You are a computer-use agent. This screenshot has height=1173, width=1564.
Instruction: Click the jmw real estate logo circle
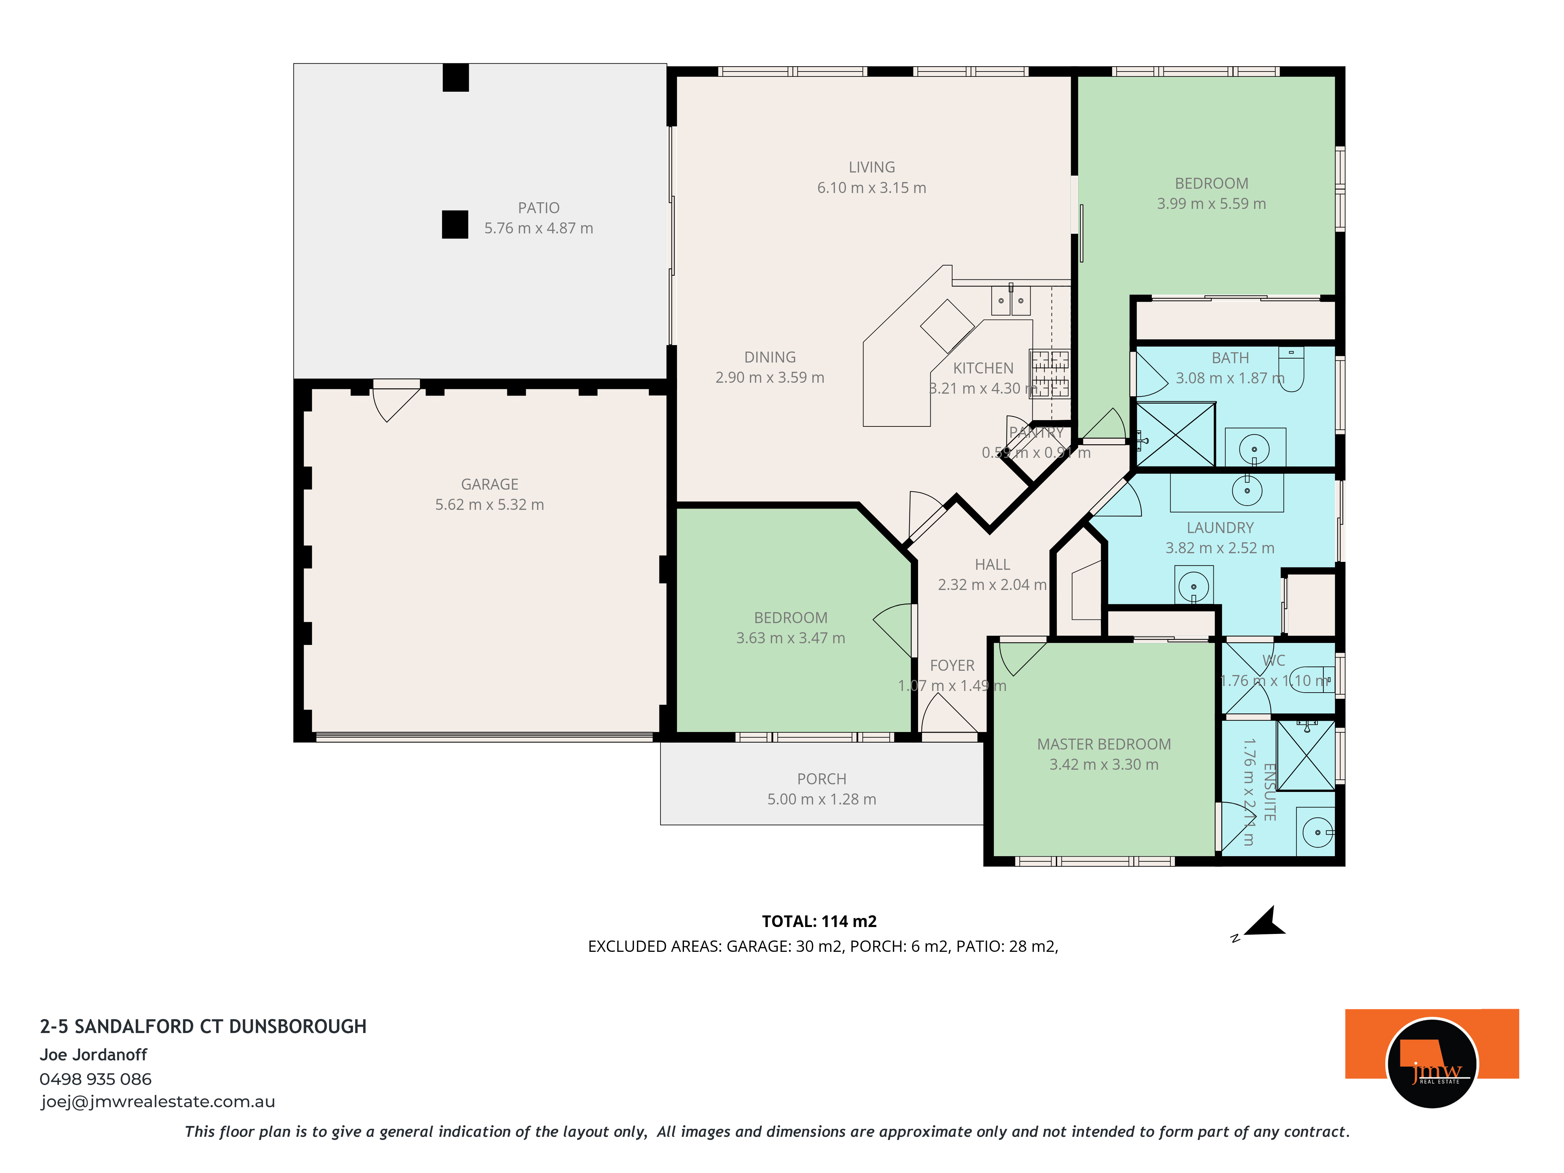(1432, 1063)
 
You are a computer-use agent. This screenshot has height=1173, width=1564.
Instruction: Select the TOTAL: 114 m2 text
(819, 921)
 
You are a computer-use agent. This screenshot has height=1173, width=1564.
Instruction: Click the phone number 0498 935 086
(95, 1079)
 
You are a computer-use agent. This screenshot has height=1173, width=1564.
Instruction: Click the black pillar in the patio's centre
(455, 225)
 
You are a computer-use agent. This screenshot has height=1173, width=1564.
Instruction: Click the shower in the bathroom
(1175, 434)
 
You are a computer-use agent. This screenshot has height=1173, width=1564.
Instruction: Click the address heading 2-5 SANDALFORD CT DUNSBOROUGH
(203, 1027)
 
